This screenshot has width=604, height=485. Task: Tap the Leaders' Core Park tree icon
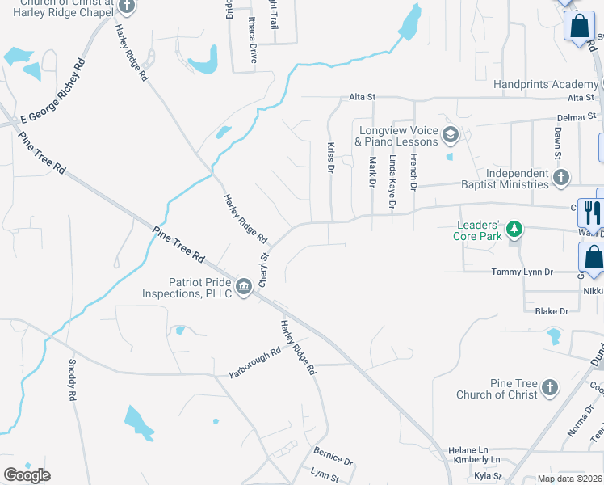click(x=514, y=231)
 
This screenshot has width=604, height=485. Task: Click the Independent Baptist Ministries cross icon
click(x=561, y=177)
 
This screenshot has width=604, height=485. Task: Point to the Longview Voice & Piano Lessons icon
click(x=451, y=134)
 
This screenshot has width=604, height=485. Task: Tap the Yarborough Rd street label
click(x=254, y=365)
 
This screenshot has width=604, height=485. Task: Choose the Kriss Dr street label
click(x=331, y=158)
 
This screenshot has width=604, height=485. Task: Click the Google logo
click(x=27, y=475)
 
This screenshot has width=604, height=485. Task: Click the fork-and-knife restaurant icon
click(x=592, y=213)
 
